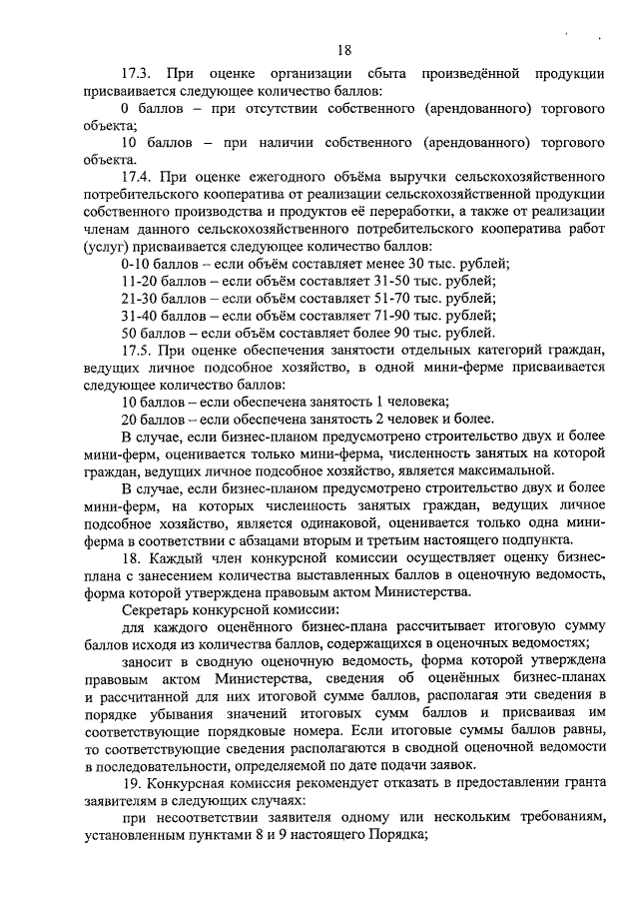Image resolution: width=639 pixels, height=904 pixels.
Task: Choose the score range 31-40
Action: pyautogui.click(x=134, y=315)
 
